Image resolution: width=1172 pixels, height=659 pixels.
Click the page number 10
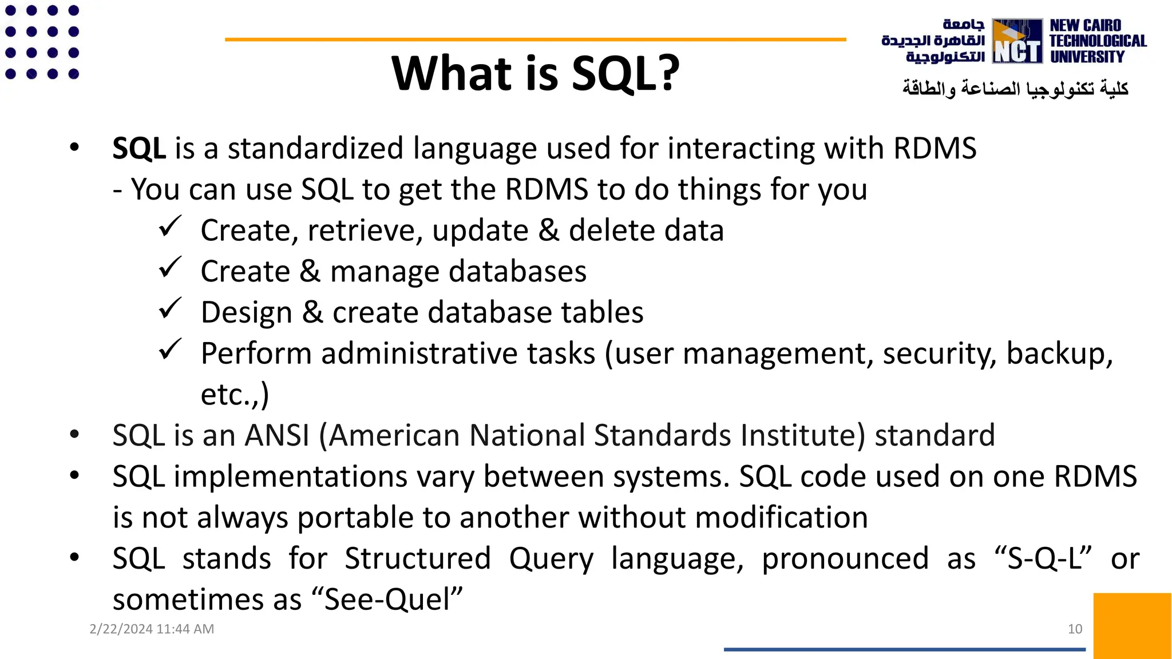[x=1075, y=629]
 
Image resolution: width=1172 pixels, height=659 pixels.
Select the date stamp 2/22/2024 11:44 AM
[x=152, y=629]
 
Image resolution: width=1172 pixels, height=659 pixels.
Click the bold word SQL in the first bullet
[x=139, y=148]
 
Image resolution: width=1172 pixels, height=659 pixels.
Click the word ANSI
[x=277, y=435]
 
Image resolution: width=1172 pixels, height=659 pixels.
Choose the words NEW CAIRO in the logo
[x=1085, y=26]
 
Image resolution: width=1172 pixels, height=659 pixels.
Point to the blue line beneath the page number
[x=904, y=649]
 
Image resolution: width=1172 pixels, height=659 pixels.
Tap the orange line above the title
[x=535, y=39]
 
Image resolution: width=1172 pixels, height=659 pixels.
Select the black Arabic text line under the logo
[x=1015, y=89]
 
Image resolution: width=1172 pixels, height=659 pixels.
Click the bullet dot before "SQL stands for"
[x=74, y=557]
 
